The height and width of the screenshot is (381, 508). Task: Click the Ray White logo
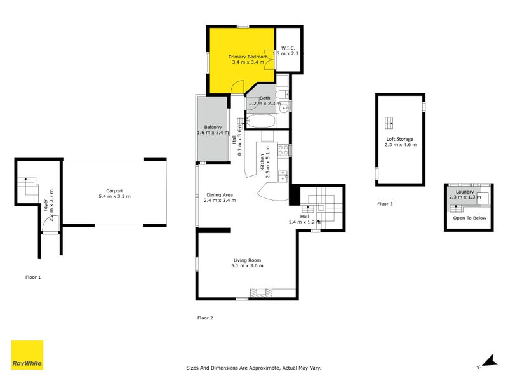[27, 355]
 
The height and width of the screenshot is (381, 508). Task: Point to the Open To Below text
[469, 218]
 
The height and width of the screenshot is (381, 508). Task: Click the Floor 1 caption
[33, 277]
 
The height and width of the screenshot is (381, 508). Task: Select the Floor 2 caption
[205, 317]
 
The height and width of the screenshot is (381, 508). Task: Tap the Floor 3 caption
[385, 204]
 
